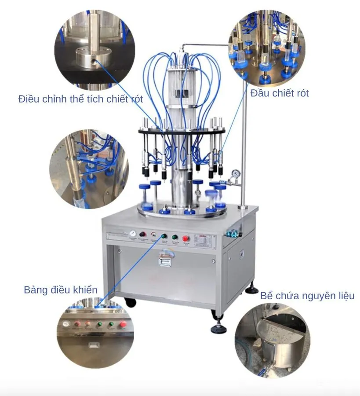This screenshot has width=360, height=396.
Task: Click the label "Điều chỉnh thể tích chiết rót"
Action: click(x=80, y=99)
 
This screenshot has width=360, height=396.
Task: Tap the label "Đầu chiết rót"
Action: click(x=280, y=93)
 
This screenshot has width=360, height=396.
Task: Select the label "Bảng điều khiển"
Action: click(x=60, y=290)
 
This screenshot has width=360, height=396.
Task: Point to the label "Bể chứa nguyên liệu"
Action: click(x=307, y=296)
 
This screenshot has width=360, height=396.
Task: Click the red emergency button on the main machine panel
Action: click(x=186, y=238)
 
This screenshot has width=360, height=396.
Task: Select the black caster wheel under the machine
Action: click(x=130, y=302)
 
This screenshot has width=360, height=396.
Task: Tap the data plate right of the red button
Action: click(x=205, y=241)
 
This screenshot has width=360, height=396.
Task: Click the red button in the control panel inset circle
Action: click(x=123, y=325)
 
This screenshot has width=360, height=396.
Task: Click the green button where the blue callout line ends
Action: click(x=164, y=236)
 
